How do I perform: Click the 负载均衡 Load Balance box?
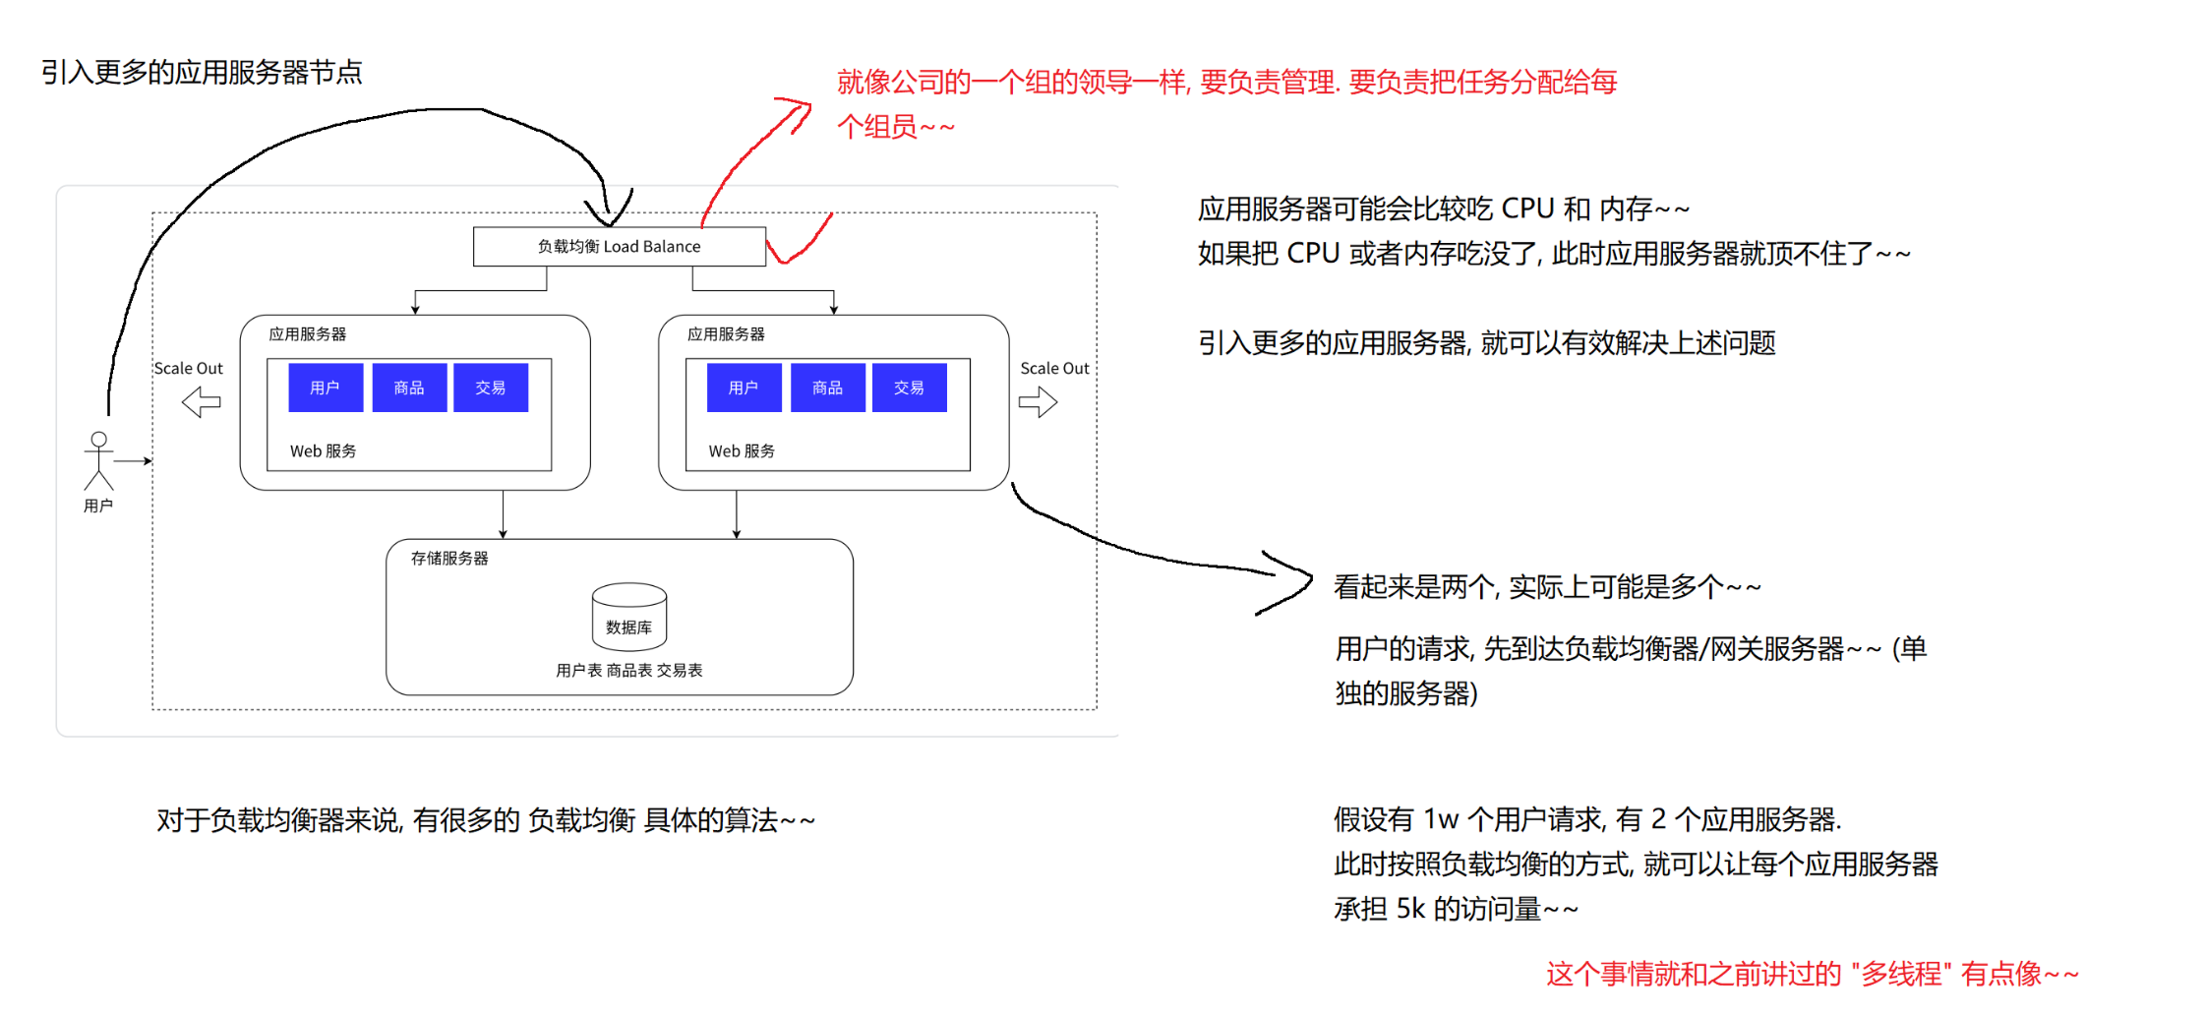coord(619,247)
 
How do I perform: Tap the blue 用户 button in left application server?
coord(326,388)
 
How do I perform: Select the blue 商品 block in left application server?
coord(409,388)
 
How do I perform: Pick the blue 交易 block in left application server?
coord(491,388)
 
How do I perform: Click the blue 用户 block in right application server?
coord(744,388)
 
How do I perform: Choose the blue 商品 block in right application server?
coord(828,388)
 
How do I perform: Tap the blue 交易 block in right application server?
coord(909,388)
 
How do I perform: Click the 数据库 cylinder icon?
coord(629,615)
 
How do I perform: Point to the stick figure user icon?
coord(98,460)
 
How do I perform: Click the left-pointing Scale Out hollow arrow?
coord(202,401)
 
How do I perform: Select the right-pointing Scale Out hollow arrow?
coord(1038,401)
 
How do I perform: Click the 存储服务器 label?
coord(449,559)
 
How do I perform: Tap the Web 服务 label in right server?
coord(742,451)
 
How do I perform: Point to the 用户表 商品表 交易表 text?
coord(629,671)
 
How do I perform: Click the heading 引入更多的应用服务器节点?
coord(202,72)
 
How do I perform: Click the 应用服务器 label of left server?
coord(308,334)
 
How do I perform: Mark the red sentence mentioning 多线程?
coord(1812,975)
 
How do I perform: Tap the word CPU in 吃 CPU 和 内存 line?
coord(1527,209)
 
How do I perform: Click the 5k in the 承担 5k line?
coord(1410,909)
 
